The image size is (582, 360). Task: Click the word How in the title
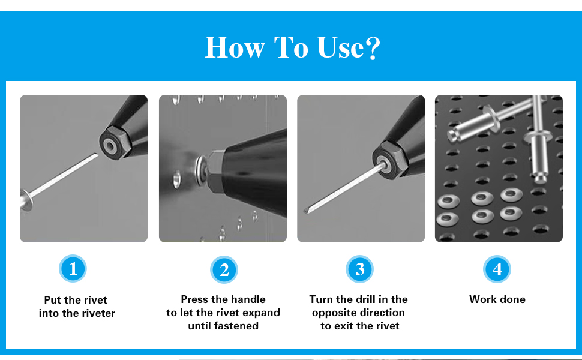click(235, 47)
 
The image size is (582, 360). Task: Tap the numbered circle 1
click(73, 268)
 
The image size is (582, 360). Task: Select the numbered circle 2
click(224, 269)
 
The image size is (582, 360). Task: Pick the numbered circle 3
click(359, 269)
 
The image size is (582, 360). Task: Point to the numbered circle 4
click(497, 269)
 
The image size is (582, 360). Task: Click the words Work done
click(497, 299)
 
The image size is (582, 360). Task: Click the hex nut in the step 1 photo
click(115, 143)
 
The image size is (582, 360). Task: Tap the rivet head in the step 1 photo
click(26, 200)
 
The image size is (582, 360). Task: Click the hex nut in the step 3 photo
click(390, 160)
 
